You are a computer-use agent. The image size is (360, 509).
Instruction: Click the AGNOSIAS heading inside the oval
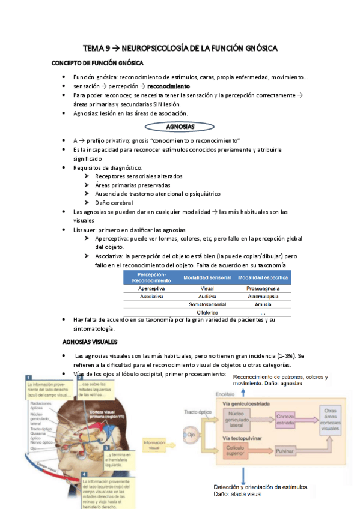pos(179,127)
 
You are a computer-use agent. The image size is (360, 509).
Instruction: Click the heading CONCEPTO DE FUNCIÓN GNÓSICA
pos(97,63)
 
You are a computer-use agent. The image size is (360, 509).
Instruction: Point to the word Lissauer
pos(85,230)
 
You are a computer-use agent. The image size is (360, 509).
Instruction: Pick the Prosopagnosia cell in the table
pos(263,288)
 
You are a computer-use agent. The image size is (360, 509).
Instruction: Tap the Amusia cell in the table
pos(263,304)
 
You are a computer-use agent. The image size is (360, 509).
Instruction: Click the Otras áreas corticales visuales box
pos(340,420)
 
